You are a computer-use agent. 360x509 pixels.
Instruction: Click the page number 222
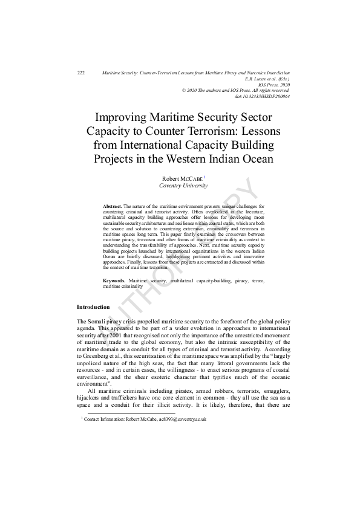pyautogui.click(x=81, y=73)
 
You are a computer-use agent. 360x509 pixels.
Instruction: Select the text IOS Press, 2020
pyautogui.click(x=274, y=85)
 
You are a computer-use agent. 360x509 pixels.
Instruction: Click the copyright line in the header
pyautogui.click(x=236, y=91)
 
